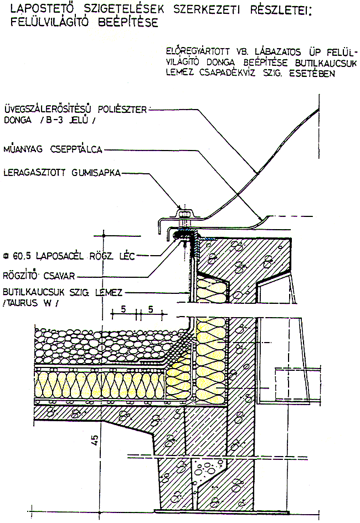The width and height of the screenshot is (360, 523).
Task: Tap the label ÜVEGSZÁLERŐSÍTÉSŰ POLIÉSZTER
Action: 75,109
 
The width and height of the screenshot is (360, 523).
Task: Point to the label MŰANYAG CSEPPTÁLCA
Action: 53,149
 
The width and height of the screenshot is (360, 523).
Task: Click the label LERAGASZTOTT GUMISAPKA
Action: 62,174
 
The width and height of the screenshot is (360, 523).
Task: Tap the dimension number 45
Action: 95,441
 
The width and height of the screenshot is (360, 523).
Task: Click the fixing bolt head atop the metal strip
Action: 183,211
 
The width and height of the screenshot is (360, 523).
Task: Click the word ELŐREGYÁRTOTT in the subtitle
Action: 196,51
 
